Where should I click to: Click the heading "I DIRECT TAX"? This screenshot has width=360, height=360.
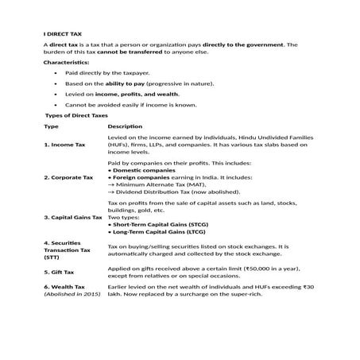(x=62, y=34)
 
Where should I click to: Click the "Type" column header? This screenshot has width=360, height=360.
(x=51, y=126)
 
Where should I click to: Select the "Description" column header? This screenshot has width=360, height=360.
(x=125, y=126)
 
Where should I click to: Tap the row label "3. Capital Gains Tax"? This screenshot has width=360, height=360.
(x=73, y=217)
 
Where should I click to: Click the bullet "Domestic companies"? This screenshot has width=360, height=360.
(x=143, y=170)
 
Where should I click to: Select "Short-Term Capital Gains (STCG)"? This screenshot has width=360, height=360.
(x=159, y=225)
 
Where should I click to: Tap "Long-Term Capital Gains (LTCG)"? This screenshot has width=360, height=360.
(x=159, y=232)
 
